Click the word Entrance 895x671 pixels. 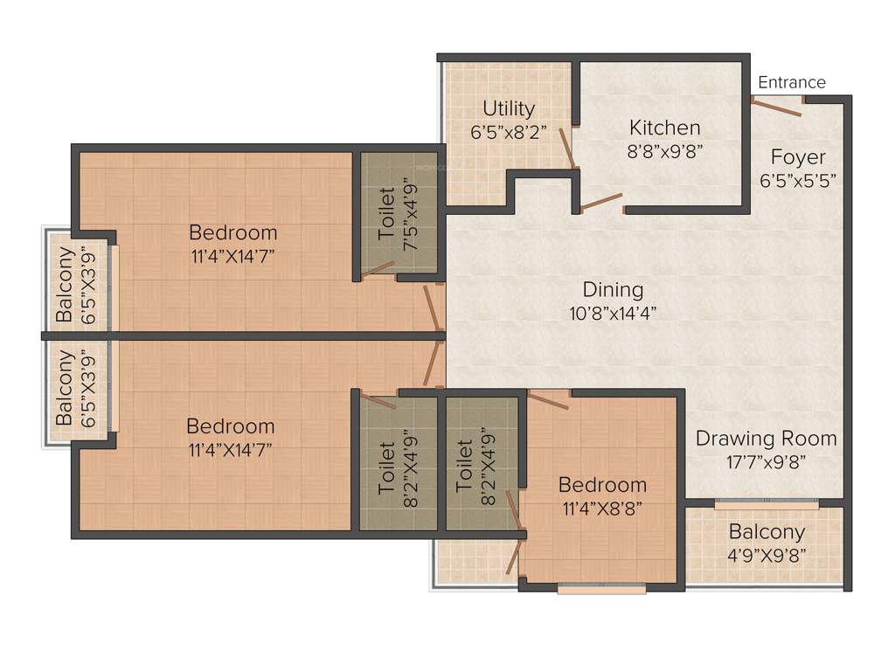pyautogui.click(x=791, y=82)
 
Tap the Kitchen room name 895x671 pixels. pyautogui.click(x=664, y=128)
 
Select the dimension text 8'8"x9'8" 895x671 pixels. pyautogui.click(x=665, y=149)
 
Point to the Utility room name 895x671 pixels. pyautogui.click(x=509, y=108)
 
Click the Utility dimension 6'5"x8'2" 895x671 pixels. pyautogui.click(x=509, y=131)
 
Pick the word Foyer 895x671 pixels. pyautogui.click(x=797, y=157)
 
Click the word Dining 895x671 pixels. pyautogui.click(x=613, y=289)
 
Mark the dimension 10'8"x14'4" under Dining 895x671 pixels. pyautogui.click(x=613, y=312)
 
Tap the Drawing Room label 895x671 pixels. pyautogui.click(x=766, y=438)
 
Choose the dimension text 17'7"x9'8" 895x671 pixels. pyautogui.click(x=766, y=460)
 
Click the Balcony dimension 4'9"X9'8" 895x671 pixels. pyautogui.click(x=767, y=554)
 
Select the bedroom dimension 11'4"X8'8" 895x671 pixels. pyautogui.click(x=602, y=508)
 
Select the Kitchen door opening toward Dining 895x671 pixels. pyautogui.click(x=601, y=202)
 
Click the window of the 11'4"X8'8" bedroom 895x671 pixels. pyautogui.click(x=601, y=589)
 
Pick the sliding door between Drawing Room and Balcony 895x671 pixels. pyautogui.click(x=766, y=504)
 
